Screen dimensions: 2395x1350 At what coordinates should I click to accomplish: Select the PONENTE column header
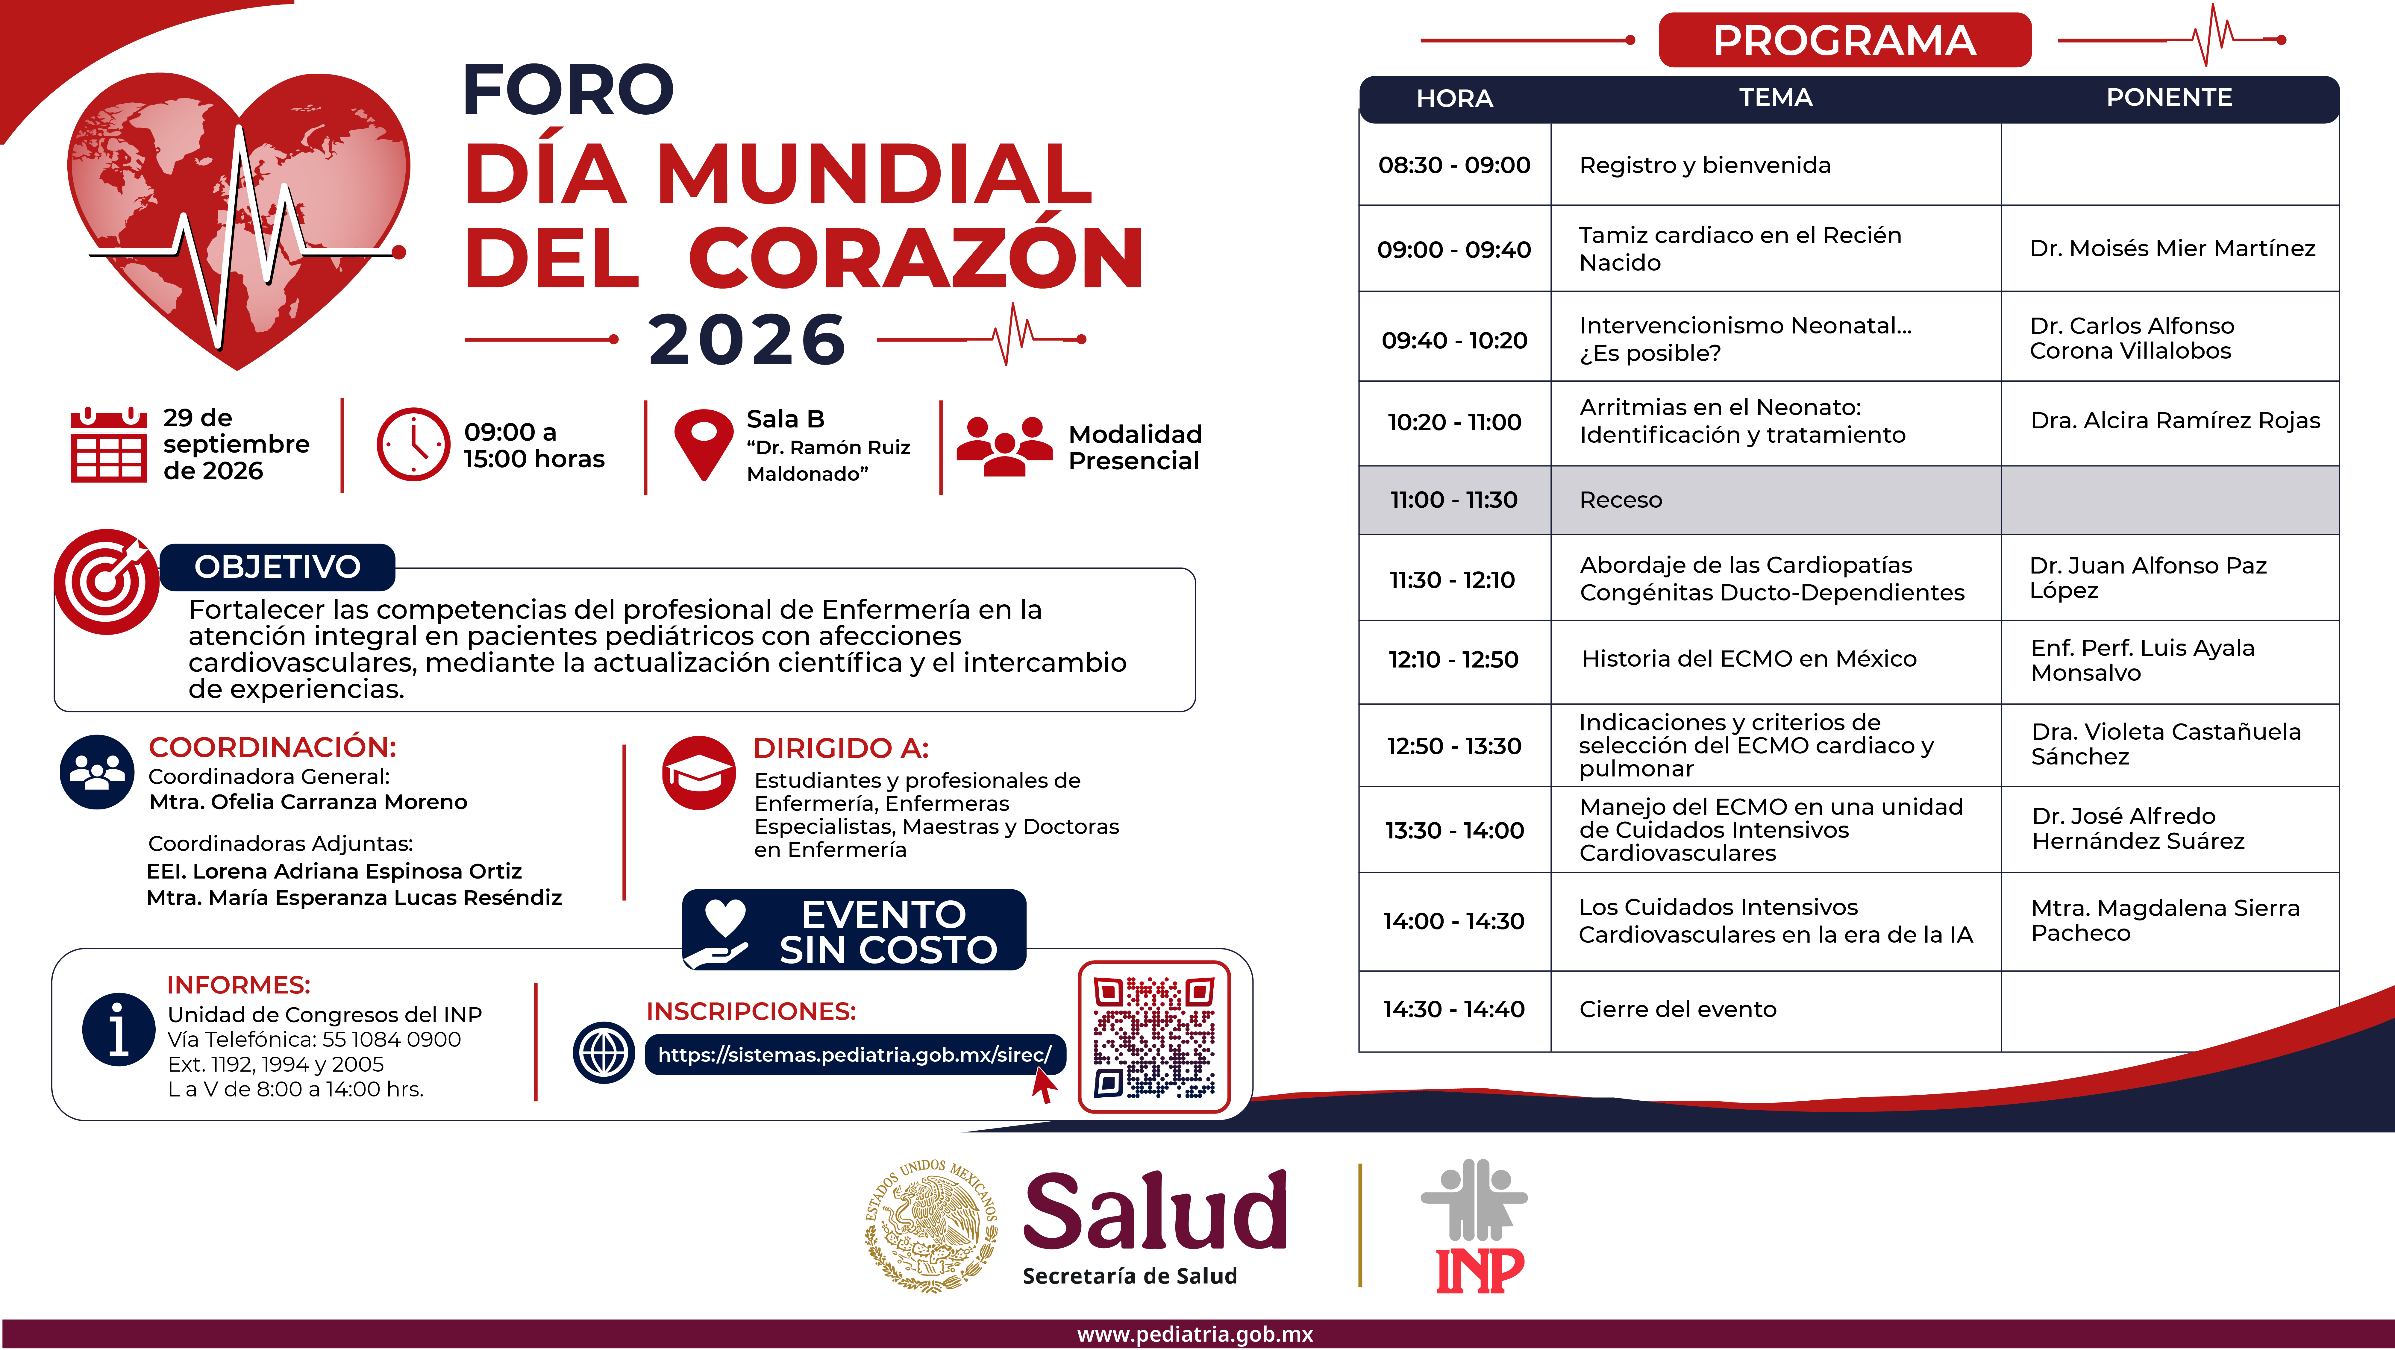pyautogui.click(x=2169, y=98)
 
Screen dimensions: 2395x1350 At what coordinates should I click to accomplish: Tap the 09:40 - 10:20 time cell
pyautogui.click(x=1454, y=340)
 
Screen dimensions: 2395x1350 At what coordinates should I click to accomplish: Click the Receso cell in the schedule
pyautogui.click(x=1621, y=500)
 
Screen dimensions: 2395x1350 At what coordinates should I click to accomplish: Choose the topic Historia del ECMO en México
pyautogui.click(x=1749, y=658)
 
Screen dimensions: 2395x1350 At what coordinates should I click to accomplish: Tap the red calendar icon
pyautogui.click(x=109, y=445)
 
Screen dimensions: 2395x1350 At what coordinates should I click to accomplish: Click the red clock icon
pyautogui.click(x=413, y=445)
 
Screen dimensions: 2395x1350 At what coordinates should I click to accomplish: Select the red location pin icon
pyautogui.click(x=704, y=445)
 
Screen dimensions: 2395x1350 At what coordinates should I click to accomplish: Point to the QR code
pyautogui.click(x=1154, y=1037)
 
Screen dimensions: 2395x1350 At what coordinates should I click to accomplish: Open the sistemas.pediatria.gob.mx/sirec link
pyautogui.click(x=854, y=1054)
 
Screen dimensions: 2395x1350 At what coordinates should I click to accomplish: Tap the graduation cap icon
pyautogui.click(x=699, y=773)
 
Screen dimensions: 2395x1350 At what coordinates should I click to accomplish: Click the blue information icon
pyautogui.click(x=119, y=1029)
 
